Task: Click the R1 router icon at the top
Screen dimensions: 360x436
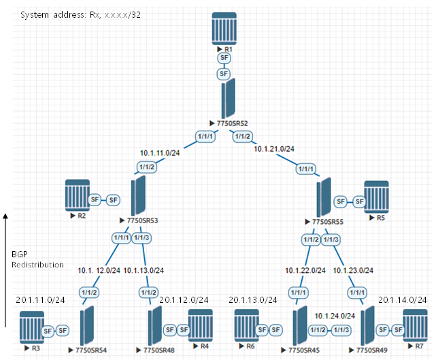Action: point(226,26)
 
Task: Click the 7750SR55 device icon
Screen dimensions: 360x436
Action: point(324,197)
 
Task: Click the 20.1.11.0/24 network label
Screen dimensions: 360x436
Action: point(40,299)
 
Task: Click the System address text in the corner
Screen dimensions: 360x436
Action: point(75,14)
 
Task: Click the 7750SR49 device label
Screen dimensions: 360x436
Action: point(367,350)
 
